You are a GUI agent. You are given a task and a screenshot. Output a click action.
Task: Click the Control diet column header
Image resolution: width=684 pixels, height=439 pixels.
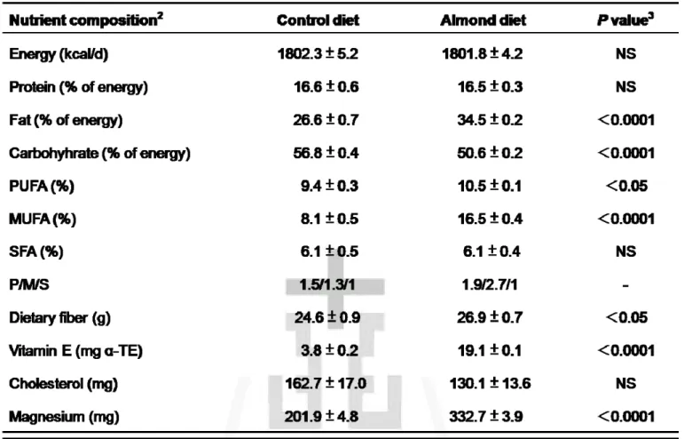click(318, 20)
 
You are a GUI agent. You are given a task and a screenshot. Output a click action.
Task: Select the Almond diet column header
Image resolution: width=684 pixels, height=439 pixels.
click(483, 20)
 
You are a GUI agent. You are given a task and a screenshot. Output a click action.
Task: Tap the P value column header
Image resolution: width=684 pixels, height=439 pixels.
click(625, 20)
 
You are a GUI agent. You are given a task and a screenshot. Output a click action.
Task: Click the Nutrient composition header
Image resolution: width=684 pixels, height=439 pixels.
click(86, 20)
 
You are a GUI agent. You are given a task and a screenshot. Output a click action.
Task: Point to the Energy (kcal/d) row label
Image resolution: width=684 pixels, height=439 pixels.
click(59, 54)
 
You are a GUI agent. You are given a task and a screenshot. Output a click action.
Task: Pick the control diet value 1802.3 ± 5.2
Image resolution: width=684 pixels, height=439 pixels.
click(318, 53)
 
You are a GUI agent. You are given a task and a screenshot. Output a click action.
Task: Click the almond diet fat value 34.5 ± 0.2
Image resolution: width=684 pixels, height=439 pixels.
click(490, 120)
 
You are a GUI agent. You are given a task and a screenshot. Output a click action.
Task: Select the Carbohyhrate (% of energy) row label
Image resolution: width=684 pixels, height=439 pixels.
click(100, 154)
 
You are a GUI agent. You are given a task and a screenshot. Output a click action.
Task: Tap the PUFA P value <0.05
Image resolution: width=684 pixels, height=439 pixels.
click(626, 186)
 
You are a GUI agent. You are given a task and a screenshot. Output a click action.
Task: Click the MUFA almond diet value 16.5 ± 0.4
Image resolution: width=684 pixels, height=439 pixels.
click(490, 219)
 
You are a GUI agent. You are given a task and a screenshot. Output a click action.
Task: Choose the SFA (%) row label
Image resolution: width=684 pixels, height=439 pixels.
click(36, 251)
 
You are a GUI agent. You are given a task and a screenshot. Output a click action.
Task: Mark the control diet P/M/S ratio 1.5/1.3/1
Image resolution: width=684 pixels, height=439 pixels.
click(326, 284)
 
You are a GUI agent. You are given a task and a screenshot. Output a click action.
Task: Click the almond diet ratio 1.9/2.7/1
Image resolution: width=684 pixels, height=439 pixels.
click(490, 284)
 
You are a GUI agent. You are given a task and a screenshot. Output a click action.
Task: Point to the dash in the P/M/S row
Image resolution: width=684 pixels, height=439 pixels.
click(625, 285)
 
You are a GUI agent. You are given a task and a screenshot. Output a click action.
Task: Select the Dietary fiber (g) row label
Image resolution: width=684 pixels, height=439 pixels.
click(59, 317)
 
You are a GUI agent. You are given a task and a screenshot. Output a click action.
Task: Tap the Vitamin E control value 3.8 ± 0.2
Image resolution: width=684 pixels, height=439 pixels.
click(329, 350)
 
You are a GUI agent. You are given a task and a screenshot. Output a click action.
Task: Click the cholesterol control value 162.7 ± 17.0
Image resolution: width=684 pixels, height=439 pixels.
click(326, 383)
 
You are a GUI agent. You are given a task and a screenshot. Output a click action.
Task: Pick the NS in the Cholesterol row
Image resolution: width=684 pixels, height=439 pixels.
click(625, 383)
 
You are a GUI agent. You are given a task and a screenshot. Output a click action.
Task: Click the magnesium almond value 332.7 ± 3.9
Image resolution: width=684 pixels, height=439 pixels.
click(486, 416)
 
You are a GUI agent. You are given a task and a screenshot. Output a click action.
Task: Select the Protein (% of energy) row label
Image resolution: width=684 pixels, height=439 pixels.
click(79, 87)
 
